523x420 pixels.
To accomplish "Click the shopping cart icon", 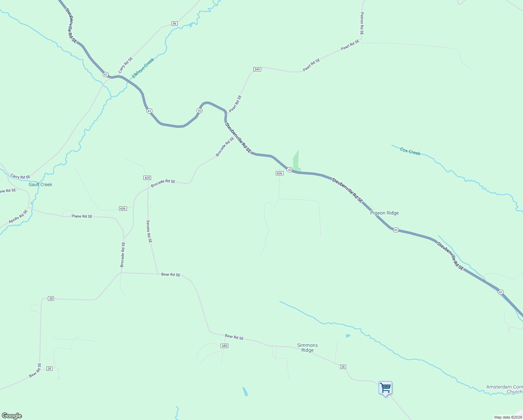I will tap(385, 388).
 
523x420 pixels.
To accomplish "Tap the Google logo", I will tap(12, 415).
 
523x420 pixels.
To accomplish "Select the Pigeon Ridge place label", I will tap(384, 213).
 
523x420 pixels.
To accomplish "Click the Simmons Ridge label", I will tap(307, 348).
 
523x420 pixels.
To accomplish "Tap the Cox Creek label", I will tap(410, 152).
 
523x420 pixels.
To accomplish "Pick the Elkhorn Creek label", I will tap(143, 68).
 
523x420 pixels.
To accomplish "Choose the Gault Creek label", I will tap(41, 184).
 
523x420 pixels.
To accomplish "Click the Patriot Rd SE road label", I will tap(362, 23).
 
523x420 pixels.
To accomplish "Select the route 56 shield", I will tap(174, 23).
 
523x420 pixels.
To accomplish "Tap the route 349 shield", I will tap(257, 69).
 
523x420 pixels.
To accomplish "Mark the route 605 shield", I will tap(147, 178).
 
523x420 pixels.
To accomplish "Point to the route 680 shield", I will tap(224, 346).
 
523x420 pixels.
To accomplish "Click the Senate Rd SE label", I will tap(149, 231).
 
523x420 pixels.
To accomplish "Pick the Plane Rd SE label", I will tap(82, 216).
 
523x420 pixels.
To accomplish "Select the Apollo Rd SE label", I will tap(18, 217).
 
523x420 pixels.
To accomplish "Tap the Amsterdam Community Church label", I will tap(504, 389).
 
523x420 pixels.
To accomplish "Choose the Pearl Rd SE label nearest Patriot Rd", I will tap(350, 45).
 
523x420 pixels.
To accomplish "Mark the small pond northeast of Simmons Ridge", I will tap(348, 336).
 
